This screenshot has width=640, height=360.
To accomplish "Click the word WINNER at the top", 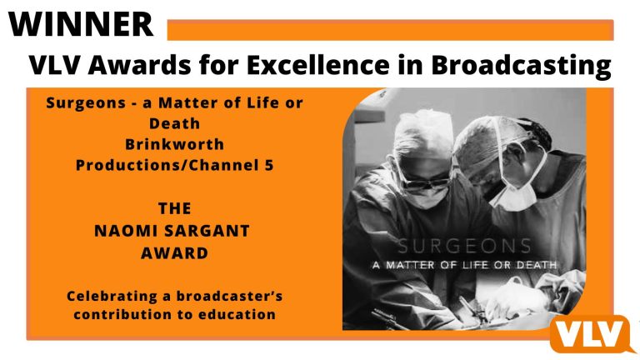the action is click(x=80, y=24).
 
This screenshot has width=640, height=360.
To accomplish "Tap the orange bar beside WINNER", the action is click(x=390, y=30).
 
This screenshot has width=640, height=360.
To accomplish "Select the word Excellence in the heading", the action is click(x=318, y=64).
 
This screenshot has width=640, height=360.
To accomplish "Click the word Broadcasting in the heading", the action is click(x=521, y=65).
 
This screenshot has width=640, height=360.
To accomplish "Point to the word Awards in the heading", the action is click(x=139, y=64).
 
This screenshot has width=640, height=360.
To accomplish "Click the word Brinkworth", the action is click(x=174, y=144).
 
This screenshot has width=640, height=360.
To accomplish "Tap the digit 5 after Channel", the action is click(x=268, y=165).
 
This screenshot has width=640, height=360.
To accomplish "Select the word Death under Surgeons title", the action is click(x=174, y=123).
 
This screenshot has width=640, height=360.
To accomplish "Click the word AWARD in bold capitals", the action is click(x=174, y=253).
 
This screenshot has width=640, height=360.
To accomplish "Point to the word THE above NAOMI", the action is click(x=174, y=208).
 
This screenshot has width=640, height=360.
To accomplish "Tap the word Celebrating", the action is click(x=112, y=297).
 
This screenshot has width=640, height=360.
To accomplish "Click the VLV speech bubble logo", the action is click(x=592, y=334).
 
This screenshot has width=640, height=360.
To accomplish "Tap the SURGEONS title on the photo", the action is click(x=464, y=246).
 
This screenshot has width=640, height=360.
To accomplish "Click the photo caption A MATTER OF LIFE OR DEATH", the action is click(x=464, y=265).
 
